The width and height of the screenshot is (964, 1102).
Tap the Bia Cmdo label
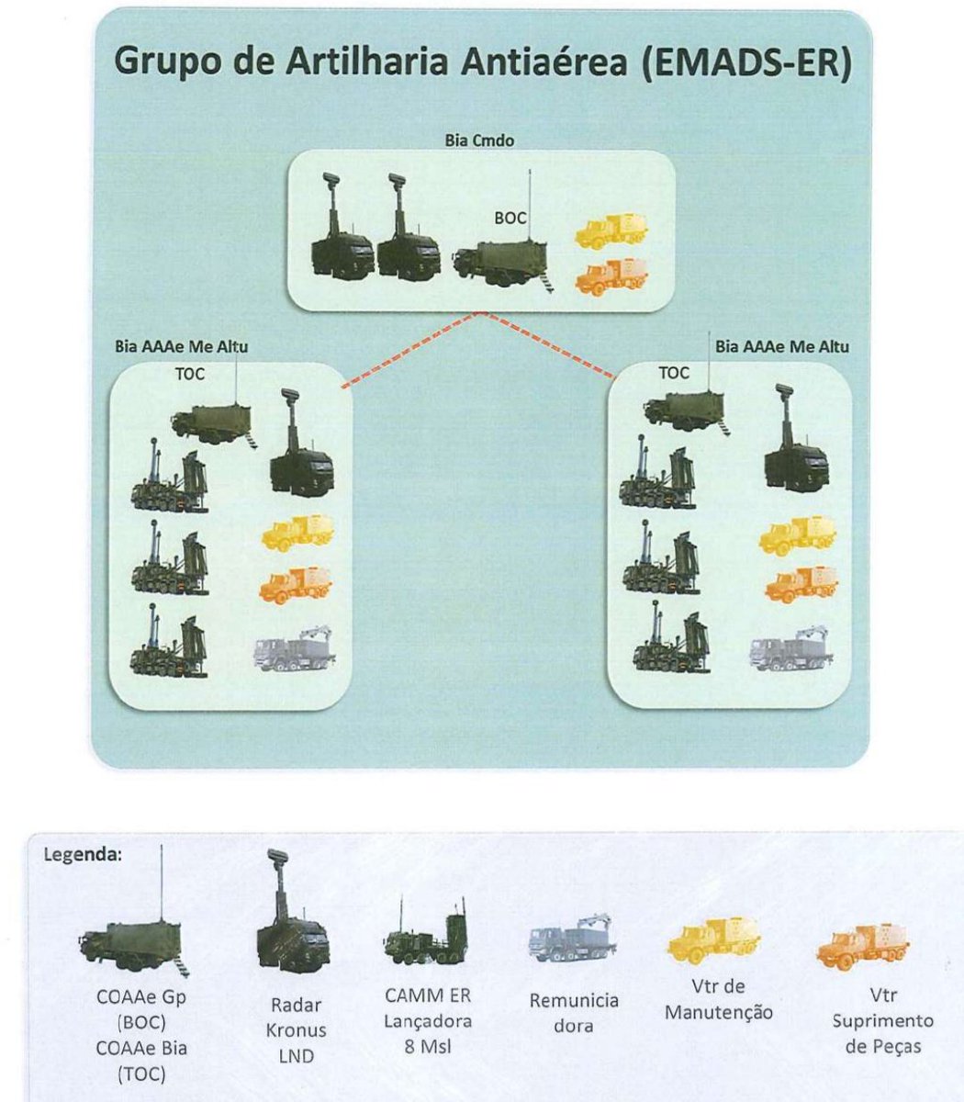(x=479, y=141)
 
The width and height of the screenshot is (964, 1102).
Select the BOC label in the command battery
(x=510, y=219)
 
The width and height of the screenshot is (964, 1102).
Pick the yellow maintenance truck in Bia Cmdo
(x=611, y=231)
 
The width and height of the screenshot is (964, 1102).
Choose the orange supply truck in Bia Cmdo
(x=611, y=276)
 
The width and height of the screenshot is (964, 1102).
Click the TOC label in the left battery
(x=189, y=374)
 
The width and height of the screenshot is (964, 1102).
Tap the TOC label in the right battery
(x=674, y=373)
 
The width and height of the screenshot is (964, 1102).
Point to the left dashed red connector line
(x=410, y=350)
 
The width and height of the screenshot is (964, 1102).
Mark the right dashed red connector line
(x=549, y=344)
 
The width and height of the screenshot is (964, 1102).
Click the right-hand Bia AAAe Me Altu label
(x=782, y=347)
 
